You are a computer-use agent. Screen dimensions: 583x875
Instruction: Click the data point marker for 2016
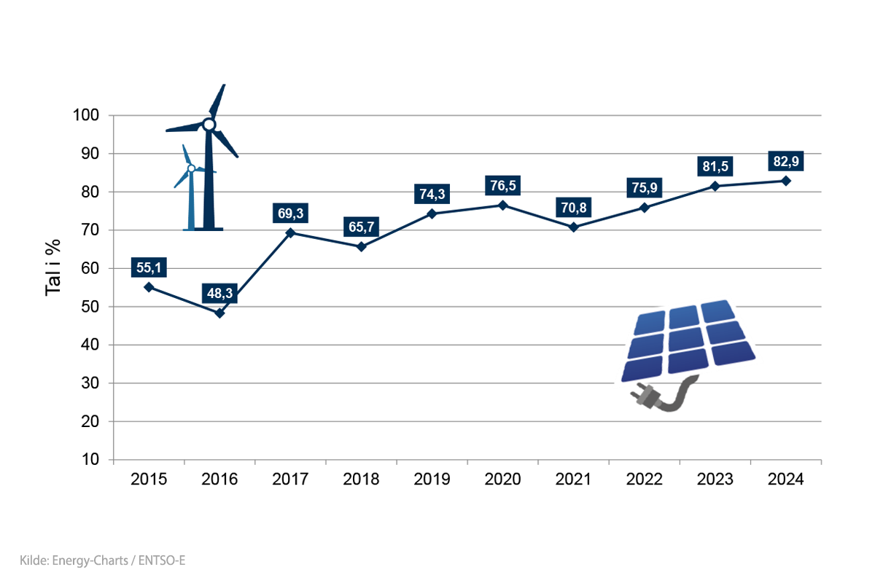219,313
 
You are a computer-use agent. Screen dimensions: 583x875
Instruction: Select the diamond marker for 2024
786,181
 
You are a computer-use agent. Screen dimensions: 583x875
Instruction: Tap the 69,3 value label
289,214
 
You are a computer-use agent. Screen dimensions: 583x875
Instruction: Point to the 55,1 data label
149,268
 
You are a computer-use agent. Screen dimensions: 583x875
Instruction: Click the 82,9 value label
786,161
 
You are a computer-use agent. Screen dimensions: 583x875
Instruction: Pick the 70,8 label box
573,208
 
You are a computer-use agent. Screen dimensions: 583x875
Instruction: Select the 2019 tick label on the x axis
432,480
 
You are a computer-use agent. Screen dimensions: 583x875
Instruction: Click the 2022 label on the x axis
644,480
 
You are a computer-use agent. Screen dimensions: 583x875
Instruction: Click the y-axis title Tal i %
53,269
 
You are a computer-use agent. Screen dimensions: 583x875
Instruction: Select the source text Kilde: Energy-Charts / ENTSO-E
99,560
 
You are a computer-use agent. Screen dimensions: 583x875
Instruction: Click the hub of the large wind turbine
209,125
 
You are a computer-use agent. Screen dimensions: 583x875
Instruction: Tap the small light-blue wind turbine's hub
191,168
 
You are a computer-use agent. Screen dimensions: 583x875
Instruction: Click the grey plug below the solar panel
649,396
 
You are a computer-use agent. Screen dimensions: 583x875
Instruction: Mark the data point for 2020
502,206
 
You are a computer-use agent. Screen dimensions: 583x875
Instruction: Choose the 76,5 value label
502,186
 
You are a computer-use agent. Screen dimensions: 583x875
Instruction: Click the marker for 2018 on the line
361,246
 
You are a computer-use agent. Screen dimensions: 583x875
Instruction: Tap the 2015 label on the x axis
149,480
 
